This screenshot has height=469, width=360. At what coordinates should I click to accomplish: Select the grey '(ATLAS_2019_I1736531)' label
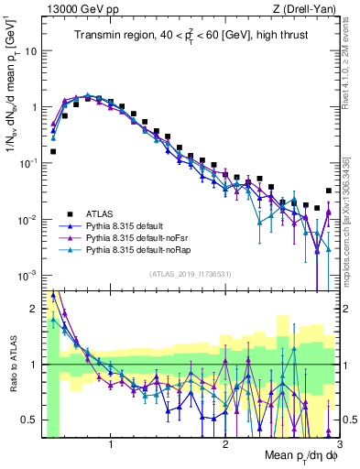pos(190,274)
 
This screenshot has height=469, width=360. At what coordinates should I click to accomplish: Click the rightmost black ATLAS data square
pos(329,191)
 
